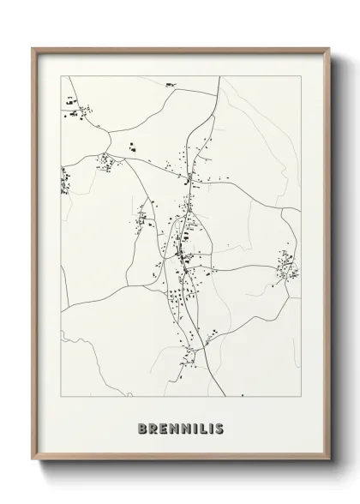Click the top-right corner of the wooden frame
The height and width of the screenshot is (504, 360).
pos(328,49)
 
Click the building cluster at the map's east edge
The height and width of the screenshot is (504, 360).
pos(287,267)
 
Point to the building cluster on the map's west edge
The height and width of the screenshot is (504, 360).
pos(65,178)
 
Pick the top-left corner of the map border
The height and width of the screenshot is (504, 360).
pos(61,75)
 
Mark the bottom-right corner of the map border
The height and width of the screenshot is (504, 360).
pos(301,396)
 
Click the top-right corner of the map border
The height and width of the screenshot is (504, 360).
pos(301,75)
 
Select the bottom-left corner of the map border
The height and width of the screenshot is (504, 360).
pos(61,396)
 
